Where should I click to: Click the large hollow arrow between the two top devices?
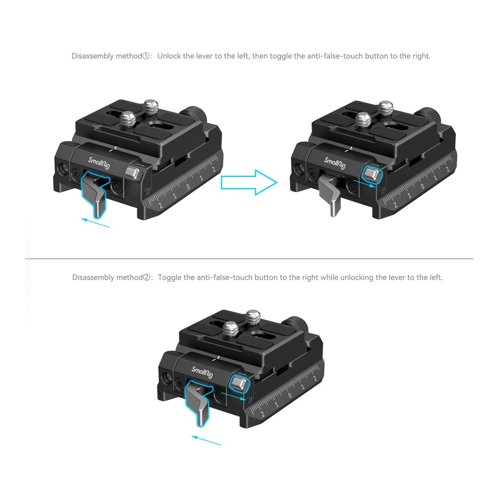click(249, 182)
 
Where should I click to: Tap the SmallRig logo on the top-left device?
click(99, 163)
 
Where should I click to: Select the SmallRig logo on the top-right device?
click(335, 163)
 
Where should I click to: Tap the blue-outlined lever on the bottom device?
click(197, 403)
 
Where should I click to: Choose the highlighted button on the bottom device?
click(238, 383)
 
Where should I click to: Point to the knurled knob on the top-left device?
click(194, 112)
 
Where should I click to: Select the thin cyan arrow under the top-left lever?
click(96, 223)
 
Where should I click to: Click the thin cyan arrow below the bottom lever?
click(206, 440)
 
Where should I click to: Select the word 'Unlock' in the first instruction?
click(169, 56)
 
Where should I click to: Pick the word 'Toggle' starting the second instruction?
click(170, 277)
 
